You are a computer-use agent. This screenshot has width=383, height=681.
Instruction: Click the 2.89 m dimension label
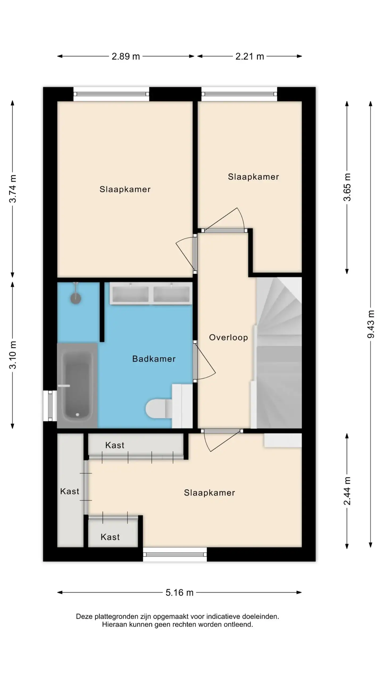coord(126,56)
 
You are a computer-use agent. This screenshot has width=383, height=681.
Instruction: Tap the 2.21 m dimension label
coord(249,56)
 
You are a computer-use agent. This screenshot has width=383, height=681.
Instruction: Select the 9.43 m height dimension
coord(370,324)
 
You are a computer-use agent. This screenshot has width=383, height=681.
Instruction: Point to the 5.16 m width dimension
coord(179,592)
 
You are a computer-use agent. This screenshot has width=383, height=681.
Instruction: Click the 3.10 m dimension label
coord(13,355)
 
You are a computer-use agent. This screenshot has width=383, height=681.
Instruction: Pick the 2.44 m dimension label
coord(347,491)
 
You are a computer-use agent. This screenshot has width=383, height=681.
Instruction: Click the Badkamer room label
coord(154,359)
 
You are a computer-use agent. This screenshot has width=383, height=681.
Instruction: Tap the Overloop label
coord(228,338)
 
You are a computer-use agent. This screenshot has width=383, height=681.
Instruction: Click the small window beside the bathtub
coord(50,406)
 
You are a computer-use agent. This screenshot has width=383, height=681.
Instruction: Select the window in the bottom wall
coord(175,554)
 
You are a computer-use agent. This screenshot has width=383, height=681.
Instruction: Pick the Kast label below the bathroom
coord(115,445)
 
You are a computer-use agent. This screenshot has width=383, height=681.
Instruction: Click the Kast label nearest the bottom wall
coord(110,537)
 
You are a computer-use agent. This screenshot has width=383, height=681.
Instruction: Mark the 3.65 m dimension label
coord(347,187)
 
